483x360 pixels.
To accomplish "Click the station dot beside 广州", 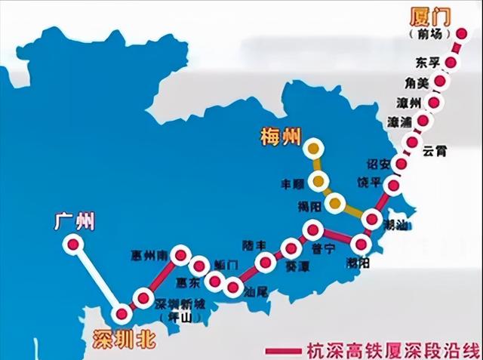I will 72,245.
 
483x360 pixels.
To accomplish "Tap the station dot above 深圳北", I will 121,315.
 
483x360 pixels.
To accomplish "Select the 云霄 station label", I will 435,150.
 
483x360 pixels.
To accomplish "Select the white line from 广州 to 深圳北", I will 97,279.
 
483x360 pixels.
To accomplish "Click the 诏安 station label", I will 377,165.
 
